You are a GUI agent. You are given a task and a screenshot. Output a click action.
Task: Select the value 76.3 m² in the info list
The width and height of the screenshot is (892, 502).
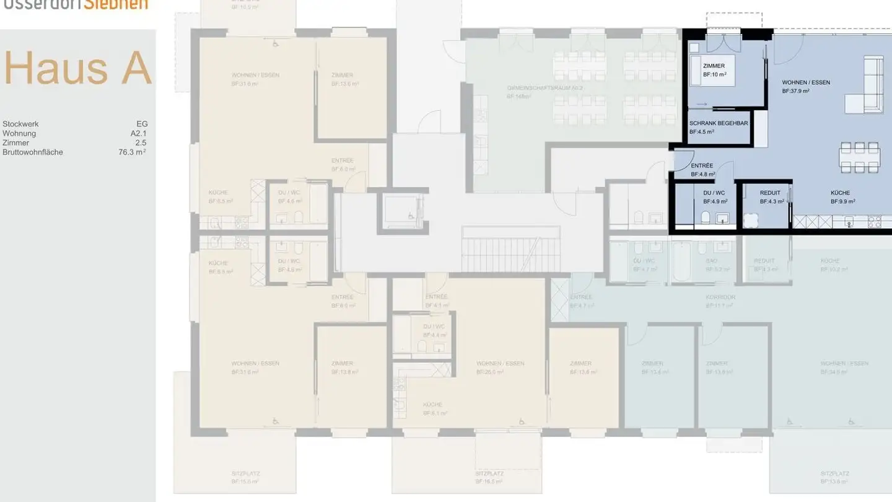click(132, 152)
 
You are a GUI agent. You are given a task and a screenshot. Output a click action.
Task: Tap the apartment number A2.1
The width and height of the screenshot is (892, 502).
click(138, 133)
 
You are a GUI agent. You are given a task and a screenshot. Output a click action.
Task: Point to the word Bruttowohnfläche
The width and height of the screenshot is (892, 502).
click(33, 152)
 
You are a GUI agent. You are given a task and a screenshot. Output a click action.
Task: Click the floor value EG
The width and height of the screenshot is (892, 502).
click(142, 124)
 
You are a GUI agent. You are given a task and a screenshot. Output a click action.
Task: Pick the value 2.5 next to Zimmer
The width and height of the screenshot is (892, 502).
click(141, 143)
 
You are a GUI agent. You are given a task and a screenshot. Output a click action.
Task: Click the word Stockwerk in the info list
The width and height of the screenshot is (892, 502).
click(20, 124)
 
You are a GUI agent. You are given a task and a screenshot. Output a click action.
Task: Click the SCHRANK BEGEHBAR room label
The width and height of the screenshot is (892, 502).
click(719, 123)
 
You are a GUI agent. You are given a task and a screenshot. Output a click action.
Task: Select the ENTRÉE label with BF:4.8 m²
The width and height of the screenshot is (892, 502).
click(702, 166)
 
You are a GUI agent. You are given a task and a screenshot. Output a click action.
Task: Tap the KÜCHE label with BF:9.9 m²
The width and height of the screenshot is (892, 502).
click(840, 193)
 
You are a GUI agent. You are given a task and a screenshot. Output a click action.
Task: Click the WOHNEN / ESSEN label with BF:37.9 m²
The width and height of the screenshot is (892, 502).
click(806, 82)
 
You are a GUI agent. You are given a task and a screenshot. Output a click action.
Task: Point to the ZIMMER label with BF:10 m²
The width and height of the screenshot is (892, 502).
click(714, 66)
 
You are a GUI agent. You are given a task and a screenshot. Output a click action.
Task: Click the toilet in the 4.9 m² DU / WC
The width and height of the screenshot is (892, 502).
click(705, 218)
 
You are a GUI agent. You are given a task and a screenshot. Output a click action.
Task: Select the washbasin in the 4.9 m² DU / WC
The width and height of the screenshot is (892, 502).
click(722, 218)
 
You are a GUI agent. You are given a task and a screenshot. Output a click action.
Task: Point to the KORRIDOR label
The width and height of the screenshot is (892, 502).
click(720, 297)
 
